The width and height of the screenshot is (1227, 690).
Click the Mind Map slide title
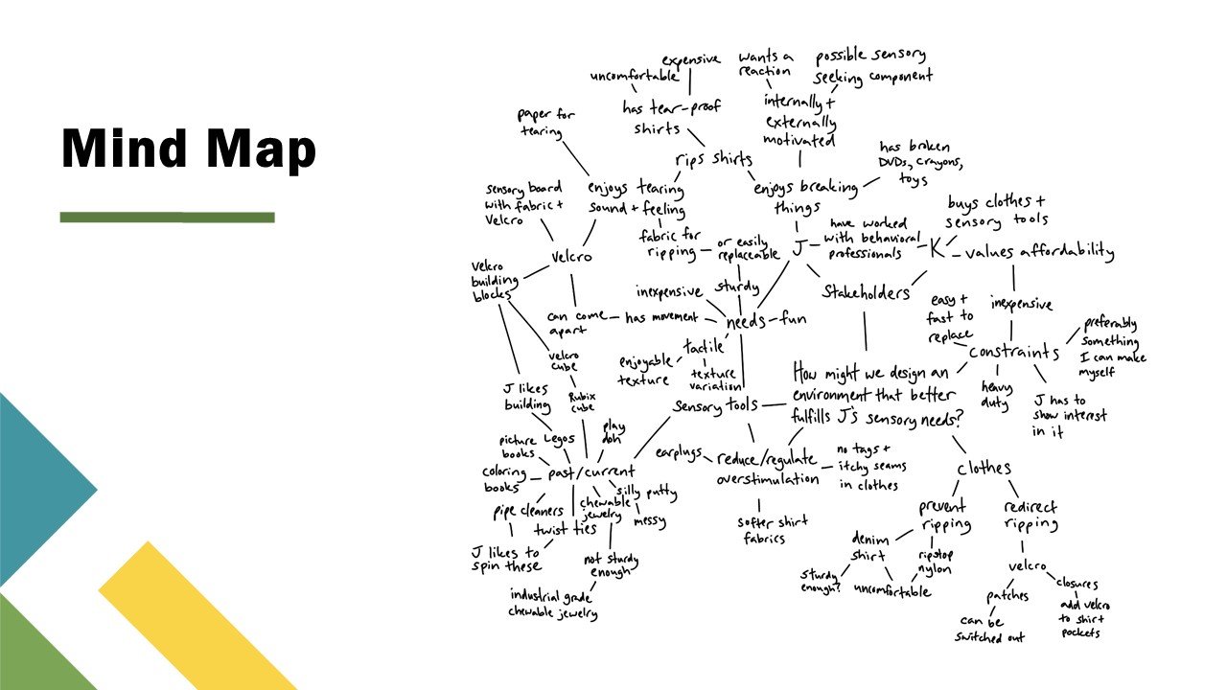coord(188,150)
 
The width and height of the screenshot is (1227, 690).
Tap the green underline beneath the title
coord(167,218)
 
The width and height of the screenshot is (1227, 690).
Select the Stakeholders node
coord(866,292)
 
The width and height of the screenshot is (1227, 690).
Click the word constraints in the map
coord(1013,352)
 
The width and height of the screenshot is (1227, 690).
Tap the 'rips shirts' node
coord(714,159)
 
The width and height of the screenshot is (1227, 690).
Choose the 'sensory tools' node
coord(715,405)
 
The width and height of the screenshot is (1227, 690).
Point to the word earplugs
coord(679,451)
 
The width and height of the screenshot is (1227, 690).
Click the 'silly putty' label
coord(646,493)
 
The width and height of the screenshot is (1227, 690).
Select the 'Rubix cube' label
coord(582,402)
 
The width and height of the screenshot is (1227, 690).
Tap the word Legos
coord(559,439)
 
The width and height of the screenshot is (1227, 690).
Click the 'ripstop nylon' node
coord(935,562)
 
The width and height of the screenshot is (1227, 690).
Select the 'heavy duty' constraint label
coord(995,394)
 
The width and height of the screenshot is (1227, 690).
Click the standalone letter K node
coord(936,248)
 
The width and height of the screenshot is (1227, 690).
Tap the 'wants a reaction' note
coord(765,63)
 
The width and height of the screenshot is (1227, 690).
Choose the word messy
coord(649,522)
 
